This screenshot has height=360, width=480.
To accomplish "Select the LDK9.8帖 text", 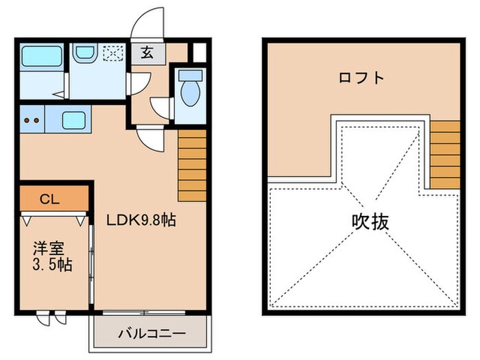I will tap(140, 220).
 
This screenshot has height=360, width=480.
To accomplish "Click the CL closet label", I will tap(48, 200).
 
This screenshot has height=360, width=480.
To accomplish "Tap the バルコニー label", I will tap(151, 334).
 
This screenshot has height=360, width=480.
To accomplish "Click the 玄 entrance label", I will tap(147, 52).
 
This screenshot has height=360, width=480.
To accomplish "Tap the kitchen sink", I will tap(73, 121).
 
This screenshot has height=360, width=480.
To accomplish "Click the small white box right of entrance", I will tap(198, 52).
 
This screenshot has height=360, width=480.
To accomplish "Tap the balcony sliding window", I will tap(144, 313).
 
